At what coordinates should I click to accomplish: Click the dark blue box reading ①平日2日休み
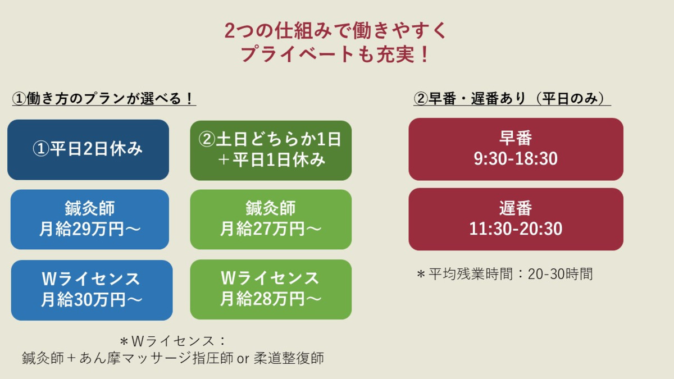[x=88, y=149]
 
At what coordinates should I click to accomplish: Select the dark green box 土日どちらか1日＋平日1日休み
[x=271, y=150]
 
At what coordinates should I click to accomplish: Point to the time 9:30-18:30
[x=516, y=159]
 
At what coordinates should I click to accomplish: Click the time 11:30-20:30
[x=516, y=229]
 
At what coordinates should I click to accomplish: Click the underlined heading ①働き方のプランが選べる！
[x=104, y=99]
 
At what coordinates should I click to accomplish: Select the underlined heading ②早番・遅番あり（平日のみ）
[x=512, y=99]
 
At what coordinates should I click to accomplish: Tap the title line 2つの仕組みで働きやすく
[x=336, y=30]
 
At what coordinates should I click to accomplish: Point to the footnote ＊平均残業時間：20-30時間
[x=504, y=274]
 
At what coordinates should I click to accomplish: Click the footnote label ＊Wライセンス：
[x=172, y=341]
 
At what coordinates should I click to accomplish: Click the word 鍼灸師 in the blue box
[x=90, y=209]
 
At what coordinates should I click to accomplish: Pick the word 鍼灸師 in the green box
[x=271, y=209]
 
